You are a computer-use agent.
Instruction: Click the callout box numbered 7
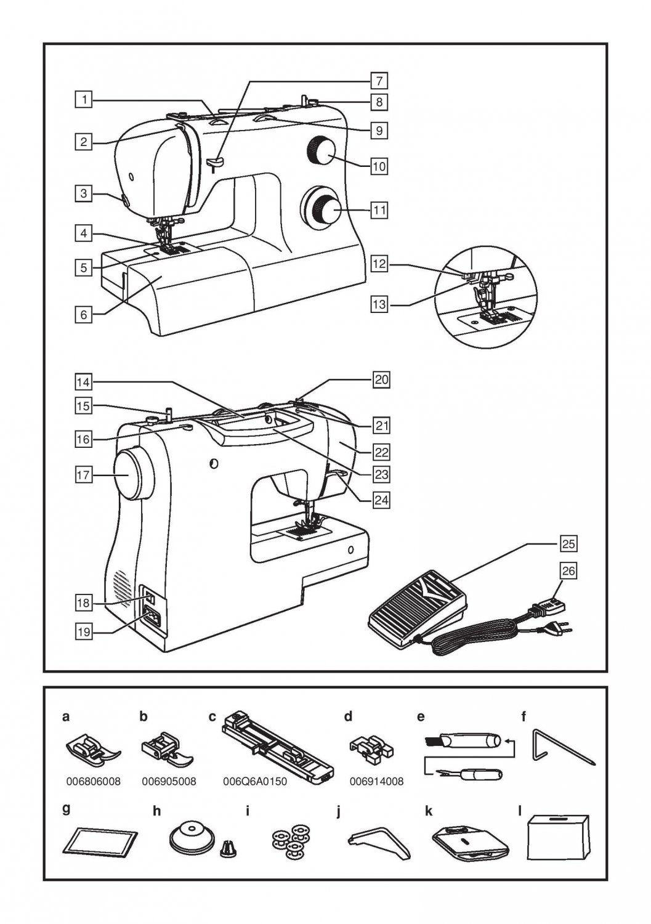pos(379,81)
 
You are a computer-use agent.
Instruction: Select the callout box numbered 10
pos(379,166)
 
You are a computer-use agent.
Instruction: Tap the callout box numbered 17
pos(84,475)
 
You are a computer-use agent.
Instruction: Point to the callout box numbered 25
pos(568,544)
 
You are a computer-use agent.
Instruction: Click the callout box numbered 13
pos(379,304)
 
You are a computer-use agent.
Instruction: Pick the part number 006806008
pos(93,782)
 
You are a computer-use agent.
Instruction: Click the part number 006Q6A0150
pos(254,782)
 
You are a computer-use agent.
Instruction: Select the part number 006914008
pos(376,782)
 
